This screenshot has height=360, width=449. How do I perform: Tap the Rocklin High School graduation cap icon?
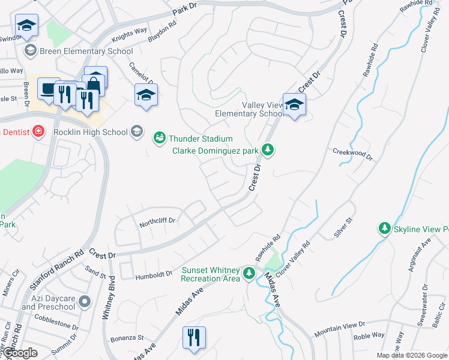click(x=137, y=132)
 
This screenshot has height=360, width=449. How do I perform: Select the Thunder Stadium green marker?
click(x=159, y=139)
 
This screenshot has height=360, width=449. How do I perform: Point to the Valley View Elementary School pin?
click(x=294, y=106)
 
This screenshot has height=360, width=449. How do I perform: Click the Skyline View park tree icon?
click(x=384, y=229)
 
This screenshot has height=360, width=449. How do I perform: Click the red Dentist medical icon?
click(x=38, y=131)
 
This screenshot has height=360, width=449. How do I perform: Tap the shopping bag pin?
click(x=95, y=79)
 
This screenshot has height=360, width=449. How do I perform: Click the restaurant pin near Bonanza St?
click(x=194, y=338)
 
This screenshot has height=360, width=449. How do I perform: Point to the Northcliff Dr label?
click(x=157, y=221)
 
